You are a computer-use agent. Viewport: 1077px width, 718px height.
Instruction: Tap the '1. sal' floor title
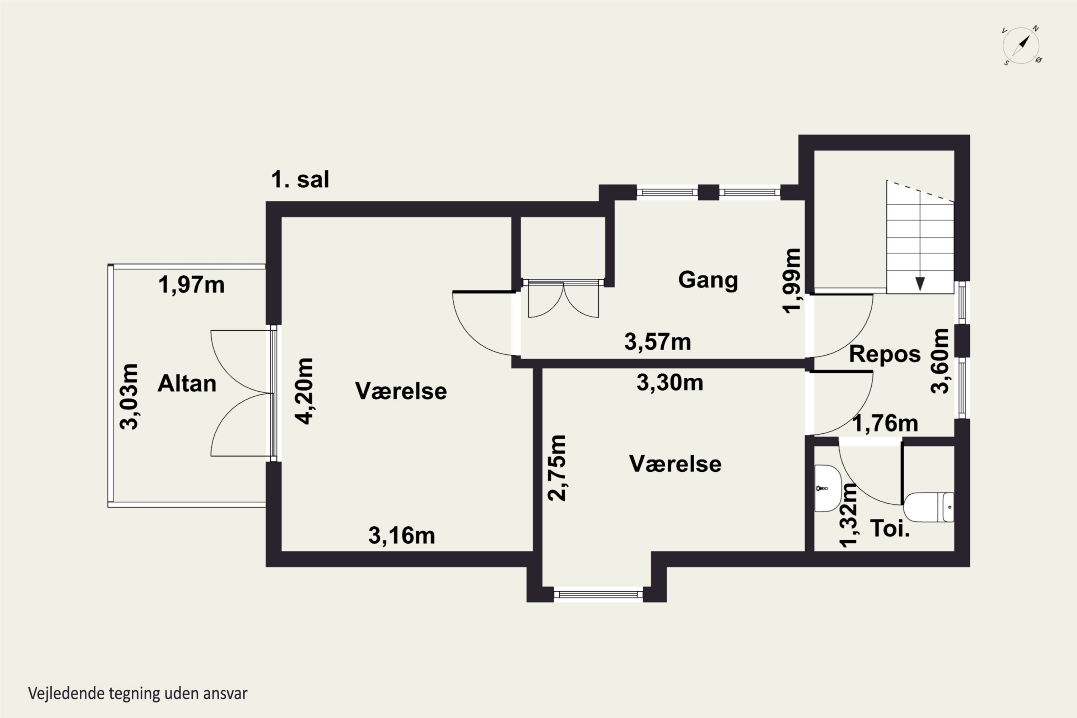click(300, 179)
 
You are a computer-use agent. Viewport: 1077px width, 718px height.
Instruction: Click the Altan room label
click(187, 384)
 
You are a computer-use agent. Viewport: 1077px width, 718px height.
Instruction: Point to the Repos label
click(885, 354)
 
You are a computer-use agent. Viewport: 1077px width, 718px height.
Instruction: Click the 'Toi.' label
click(890, 528)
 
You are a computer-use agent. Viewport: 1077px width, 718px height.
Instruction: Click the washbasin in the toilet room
click(827, 489)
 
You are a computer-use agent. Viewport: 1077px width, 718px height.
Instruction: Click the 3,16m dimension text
click(402, 535)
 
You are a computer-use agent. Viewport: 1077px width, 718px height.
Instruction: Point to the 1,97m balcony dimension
click(191, 285)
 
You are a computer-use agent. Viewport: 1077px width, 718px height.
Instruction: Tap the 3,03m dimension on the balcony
click(129, 397)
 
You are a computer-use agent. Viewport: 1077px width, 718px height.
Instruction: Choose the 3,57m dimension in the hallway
click(658, 342)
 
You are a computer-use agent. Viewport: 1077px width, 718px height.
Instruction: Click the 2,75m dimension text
click(557, 468)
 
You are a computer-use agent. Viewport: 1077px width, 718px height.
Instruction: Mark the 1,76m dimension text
click(885, 424)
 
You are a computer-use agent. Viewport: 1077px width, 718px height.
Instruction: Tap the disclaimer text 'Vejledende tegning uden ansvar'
click(138, 693)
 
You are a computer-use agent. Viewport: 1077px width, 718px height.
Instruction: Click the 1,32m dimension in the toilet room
click(848, 515)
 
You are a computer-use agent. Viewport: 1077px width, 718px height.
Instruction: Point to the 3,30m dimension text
click(670, 382)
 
